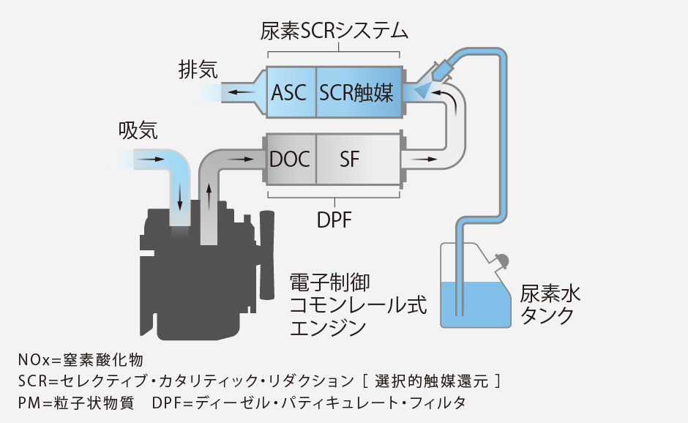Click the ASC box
[291, 93]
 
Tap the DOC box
[290, 159]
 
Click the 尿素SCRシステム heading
[334, 31]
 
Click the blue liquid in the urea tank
[476, 304]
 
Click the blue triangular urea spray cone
[423, 91]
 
